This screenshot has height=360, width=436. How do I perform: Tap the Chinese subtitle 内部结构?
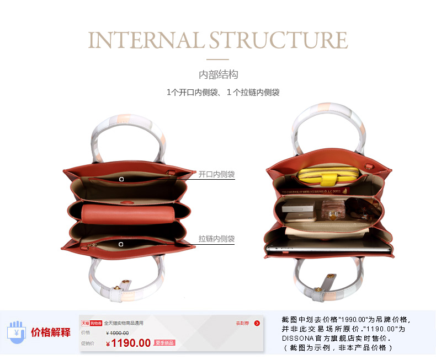pos(218,74)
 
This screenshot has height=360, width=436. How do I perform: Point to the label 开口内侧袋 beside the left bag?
pos(216,174)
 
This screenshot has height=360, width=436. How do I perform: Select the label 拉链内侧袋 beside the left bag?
pos(216,239)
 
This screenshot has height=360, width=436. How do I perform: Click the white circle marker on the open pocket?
pos(121,179)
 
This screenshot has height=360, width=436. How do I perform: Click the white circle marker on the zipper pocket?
pos(121,243)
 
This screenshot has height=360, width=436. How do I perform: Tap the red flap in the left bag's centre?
pos(128,212)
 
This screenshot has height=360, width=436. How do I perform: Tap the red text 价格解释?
pos(51,332)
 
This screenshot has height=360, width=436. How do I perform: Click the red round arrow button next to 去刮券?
pos(257,323)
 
